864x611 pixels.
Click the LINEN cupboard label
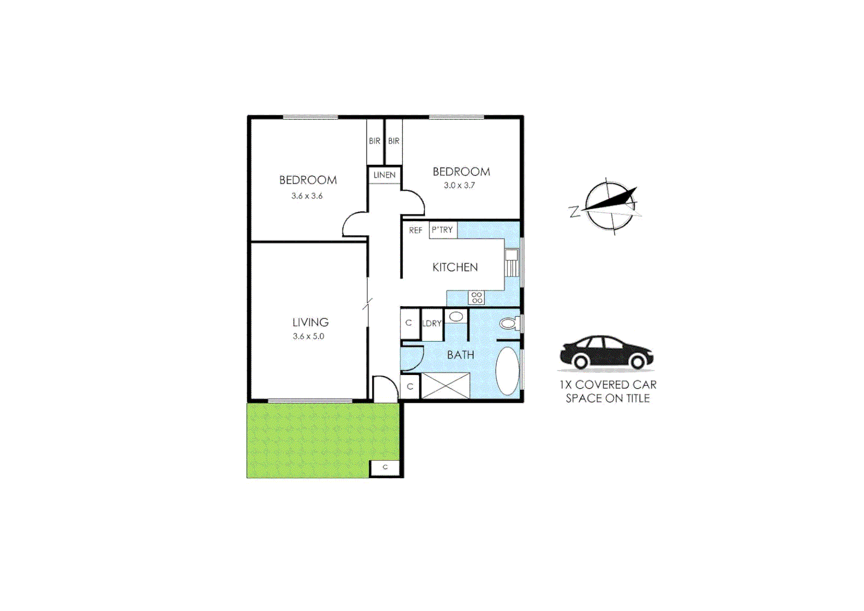(384, 175)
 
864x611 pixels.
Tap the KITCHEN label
(455, 268)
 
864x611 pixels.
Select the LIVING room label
(310, 322)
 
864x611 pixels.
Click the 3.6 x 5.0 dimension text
(308, 337)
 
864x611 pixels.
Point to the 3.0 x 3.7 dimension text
(459, 186)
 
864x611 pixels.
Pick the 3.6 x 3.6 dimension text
(307, 196)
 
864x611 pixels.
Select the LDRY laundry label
(432, 324)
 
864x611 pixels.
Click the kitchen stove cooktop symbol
(476, 298)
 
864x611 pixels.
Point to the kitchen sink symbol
(511, 263)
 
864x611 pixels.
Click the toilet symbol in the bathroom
(509, 324)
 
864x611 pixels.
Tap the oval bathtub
(507, 371)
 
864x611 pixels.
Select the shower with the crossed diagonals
(445, 386)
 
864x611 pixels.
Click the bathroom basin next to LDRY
(456, 317)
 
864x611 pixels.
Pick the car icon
(607, 353)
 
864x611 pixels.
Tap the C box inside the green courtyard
(385, 468)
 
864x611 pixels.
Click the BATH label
(461, 355)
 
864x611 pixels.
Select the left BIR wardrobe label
(375, 141)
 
